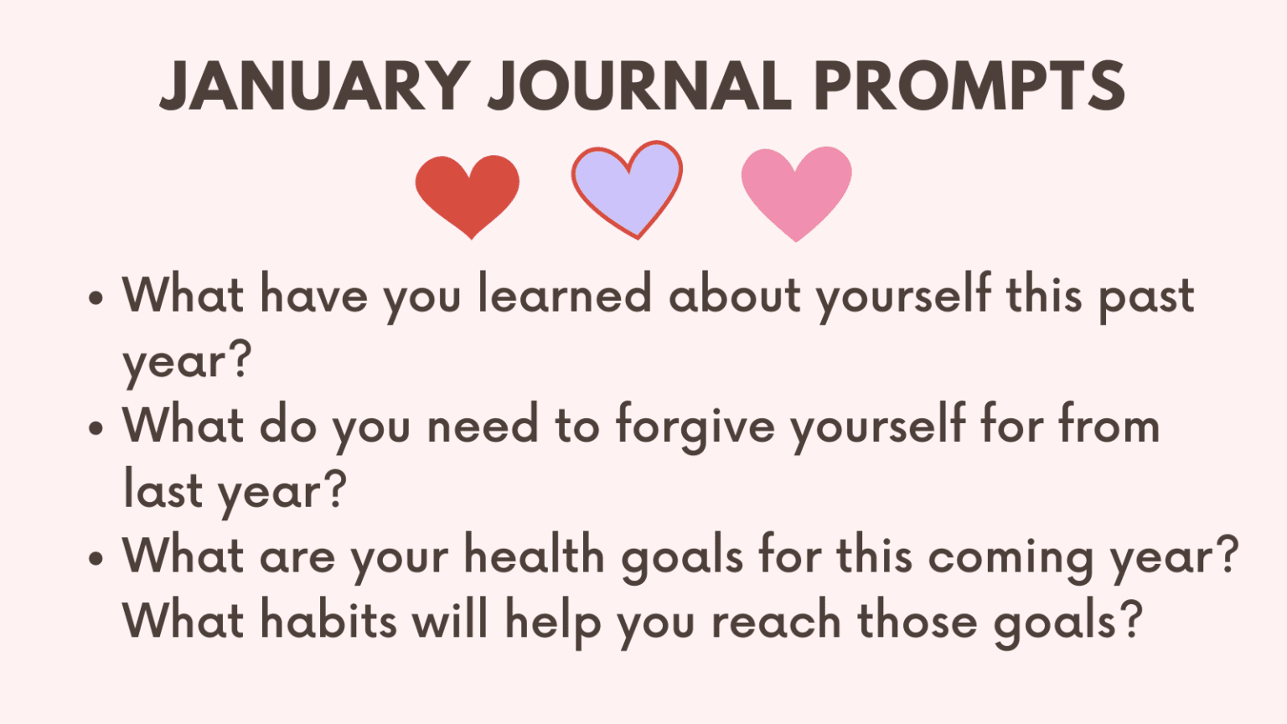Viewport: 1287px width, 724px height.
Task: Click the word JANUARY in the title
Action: (314, 85)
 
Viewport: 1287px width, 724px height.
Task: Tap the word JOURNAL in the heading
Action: (640, 85)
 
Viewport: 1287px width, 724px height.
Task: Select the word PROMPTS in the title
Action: (969, 85)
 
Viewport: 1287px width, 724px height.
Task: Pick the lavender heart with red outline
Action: (627, 188)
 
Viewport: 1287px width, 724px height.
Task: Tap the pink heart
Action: (796, 192)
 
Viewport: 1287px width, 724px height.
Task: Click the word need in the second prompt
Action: (483, 426)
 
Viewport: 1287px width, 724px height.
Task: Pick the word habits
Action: (328, 620)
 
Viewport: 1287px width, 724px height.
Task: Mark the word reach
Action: (776, 620)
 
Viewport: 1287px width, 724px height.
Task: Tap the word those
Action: (917, 620)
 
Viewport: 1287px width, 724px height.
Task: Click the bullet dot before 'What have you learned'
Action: (96, 297)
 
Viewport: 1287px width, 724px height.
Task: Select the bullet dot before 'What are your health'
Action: (96, 557)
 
